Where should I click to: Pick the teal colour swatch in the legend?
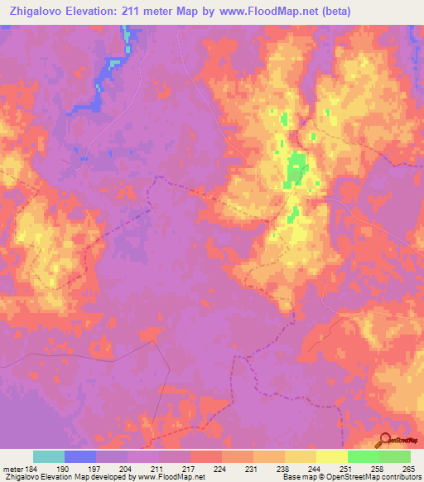(49, 456)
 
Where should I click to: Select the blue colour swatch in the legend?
(80, 456)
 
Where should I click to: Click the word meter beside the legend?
(12, 468)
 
